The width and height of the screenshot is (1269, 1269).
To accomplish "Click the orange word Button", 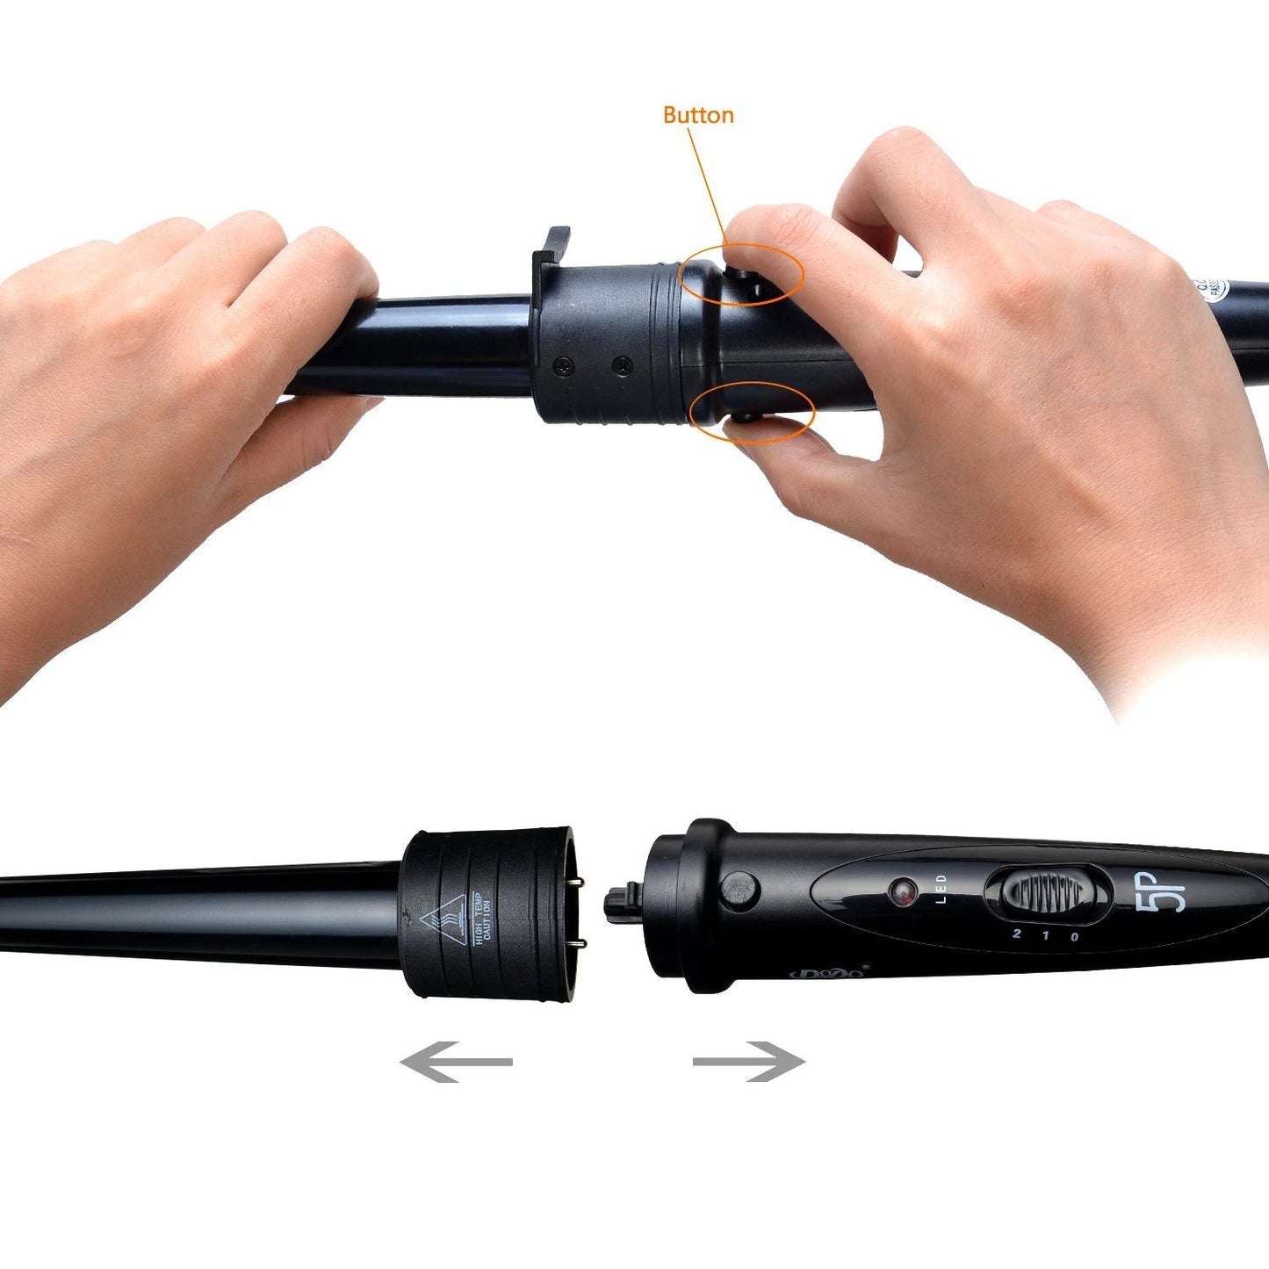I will coord(698,115).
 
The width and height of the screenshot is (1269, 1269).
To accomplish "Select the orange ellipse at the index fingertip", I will coord(742,275).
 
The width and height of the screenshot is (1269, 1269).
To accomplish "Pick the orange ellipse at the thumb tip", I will coord(753,413).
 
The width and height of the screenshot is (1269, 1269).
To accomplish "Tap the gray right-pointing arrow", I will coord(749,1061).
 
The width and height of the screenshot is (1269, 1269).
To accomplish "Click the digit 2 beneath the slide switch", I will coord(1016,933).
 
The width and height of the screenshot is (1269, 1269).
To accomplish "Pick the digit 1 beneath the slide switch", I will coord(1045,935).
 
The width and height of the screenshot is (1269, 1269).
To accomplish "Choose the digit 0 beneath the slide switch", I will coord(1075,937).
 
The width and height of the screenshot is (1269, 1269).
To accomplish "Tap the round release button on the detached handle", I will coord(739,889).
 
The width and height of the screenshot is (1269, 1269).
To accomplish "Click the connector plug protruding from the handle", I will coord(622,902).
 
